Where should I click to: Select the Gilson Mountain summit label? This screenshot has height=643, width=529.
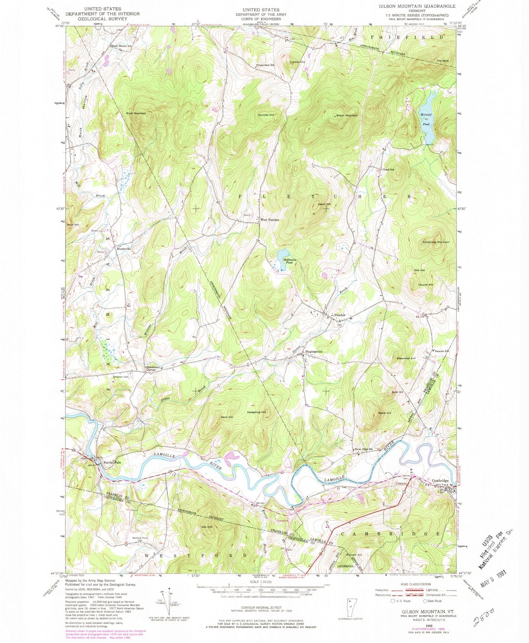346,116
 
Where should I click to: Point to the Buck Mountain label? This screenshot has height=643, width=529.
136,113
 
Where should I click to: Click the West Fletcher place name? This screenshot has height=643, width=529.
270,220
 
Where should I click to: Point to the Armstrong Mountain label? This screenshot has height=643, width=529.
436,242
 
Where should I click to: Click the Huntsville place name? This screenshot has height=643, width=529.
124,248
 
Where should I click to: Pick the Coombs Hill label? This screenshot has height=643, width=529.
266,115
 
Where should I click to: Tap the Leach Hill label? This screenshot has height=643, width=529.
324,204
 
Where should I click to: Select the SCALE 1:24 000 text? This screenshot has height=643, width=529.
261,582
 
